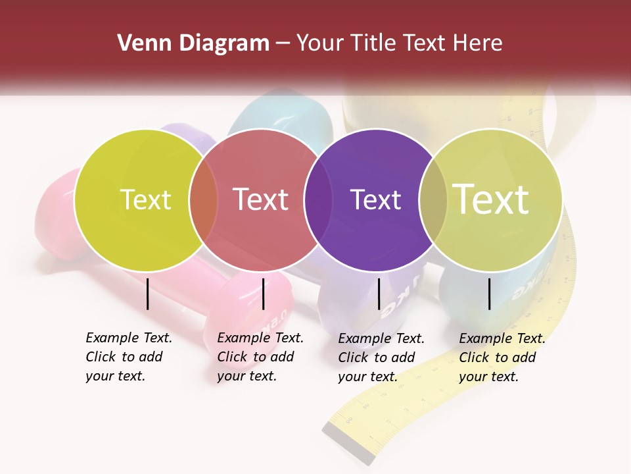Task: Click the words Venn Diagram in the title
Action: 193,43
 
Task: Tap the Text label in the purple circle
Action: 375,200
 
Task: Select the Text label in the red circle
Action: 260,199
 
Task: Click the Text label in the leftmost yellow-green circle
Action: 145,200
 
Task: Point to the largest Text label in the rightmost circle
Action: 491,199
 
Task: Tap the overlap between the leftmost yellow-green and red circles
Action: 203,200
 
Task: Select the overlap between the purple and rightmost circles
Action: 431,200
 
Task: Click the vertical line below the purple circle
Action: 379,294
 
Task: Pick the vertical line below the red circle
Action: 263,294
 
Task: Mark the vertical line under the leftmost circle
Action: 147,294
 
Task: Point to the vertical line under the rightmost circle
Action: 489,294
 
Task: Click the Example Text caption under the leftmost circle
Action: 129,357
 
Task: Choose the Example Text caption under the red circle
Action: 260,357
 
